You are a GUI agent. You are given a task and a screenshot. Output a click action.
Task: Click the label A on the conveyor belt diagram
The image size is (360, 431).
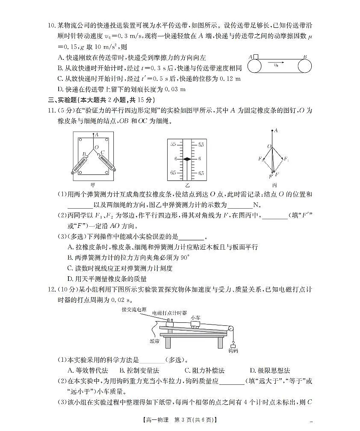(x=250, y=56)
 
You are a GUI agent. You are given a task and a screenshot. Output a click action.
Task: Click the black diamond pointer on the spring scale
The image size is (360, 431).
(x=187, y=159)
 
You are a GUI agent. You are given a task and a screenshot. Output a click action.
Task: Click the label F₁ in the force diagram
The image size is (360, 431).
(x=286, y=159)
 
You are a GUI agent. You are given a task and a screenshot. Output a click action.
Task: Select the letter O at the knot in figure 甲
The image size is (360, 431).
(x=96, y=147)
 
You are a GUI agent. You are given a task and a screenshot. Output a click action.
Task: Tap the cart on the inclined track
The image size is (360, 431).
(x=196, y=325)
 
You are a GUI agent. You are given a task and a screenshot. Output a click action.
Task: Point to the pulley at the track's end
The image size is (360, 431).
(x=231, y=328)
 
